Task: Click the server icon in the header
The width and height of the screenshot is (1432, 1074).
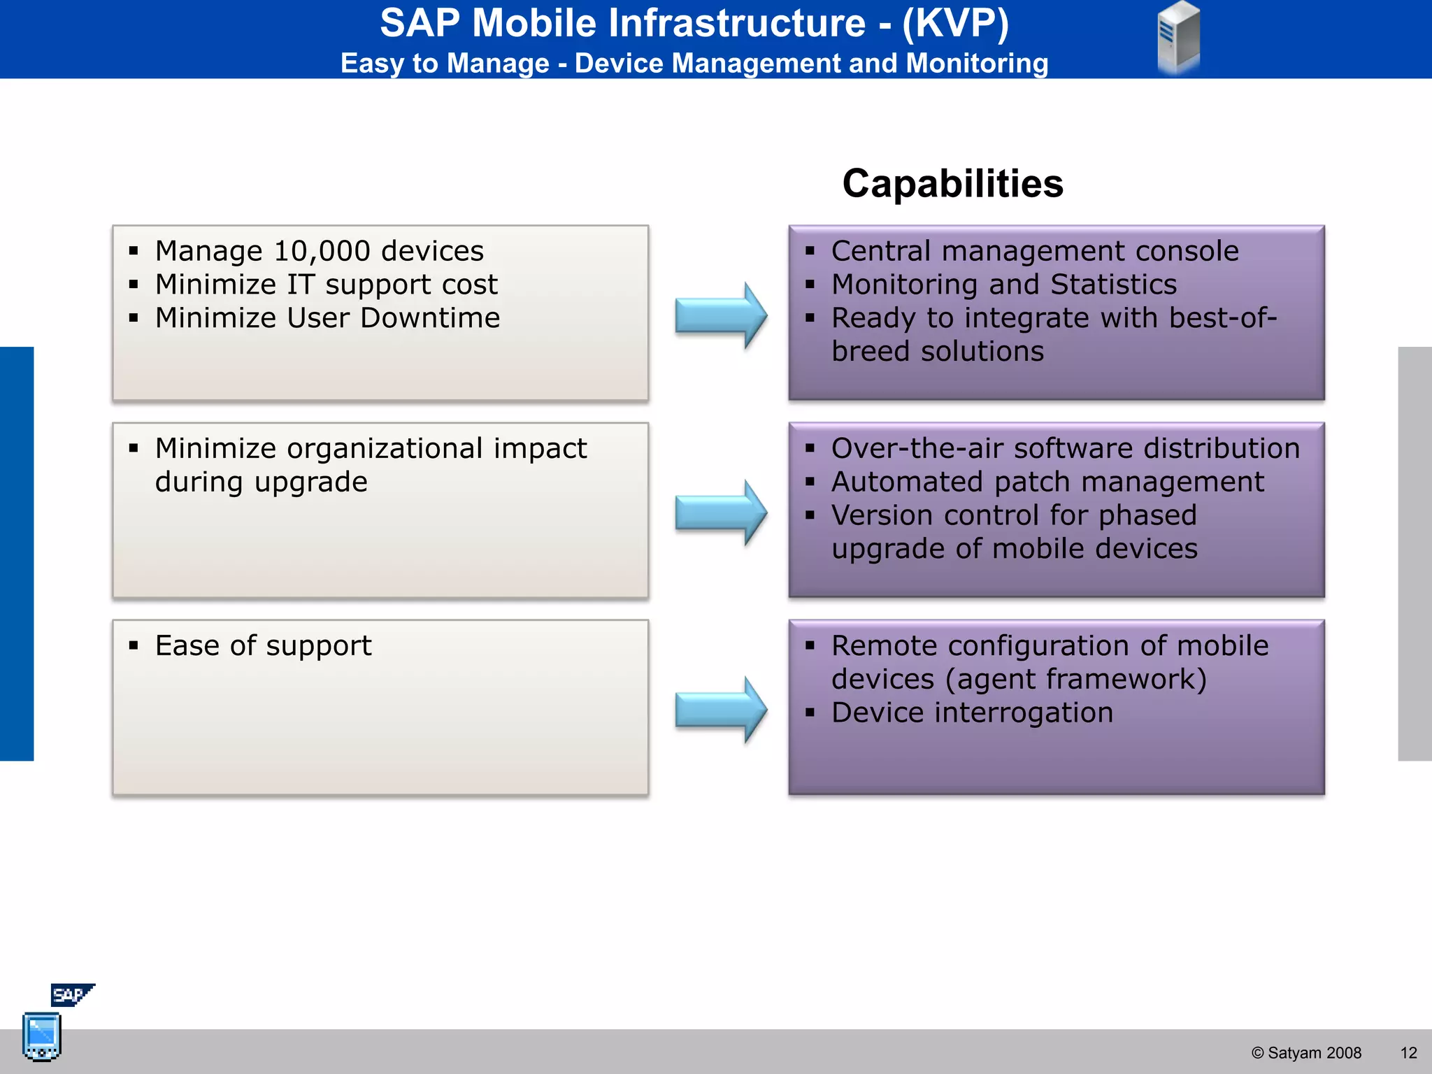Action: pyautogui.click(x=1179, y=37)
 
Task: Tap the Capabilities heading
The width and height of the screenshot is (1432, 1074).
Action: pyautogui.click(x=952, y=184)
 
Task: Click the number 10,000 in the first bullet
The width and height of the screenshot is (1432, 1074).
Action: pyautogui.click(x=322, y=251)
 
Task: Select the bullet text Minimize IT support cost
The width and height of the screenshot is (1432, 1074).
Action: pyautogui.click(x=326, y=285)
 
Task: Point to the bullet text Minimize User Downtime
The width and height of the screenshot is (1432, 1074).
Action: pyautogui.click(x=327, y=318)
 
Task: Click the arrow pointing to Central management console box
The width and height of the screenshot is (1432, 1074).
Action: pyautogui.click(x=721, y=315)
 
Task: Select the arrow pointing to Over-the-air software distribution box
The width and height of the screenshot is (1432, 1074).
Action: pyautogui.click(x=721, y=513)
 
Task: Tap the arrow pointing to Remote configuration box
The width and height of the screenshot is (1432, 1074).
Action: pyautogui.click(x=721, y=710)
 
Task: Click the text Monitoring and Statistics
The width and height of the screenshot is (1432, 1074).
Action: pyautogui.click(x=1003, y=285)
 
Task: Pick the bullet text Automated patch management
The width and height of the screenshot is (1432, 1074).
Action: pyautogui.click(x=1047, y=482)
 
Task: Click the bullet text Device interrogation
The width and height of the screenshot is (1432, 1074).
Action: pyautogui.click(x=972, y=713)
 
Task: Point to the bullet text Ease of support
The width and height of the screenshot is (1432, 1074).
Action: pyautogui.click(x=263, y=645)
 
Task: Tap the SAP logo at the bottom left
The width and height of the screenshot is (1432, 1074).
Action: pyautogui.click(x=71, y=994)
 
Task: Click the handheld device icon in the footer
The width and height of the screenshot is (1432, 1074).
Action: pyautogui.click(x=42, y=1036)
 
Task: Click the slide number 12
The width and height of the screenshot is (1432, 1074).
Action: pyautogui.click(x=1408, y=1053)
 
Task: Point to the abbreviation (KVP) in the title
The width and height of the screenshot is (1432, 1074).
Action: pyautogui.click(x=955, y=23)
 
